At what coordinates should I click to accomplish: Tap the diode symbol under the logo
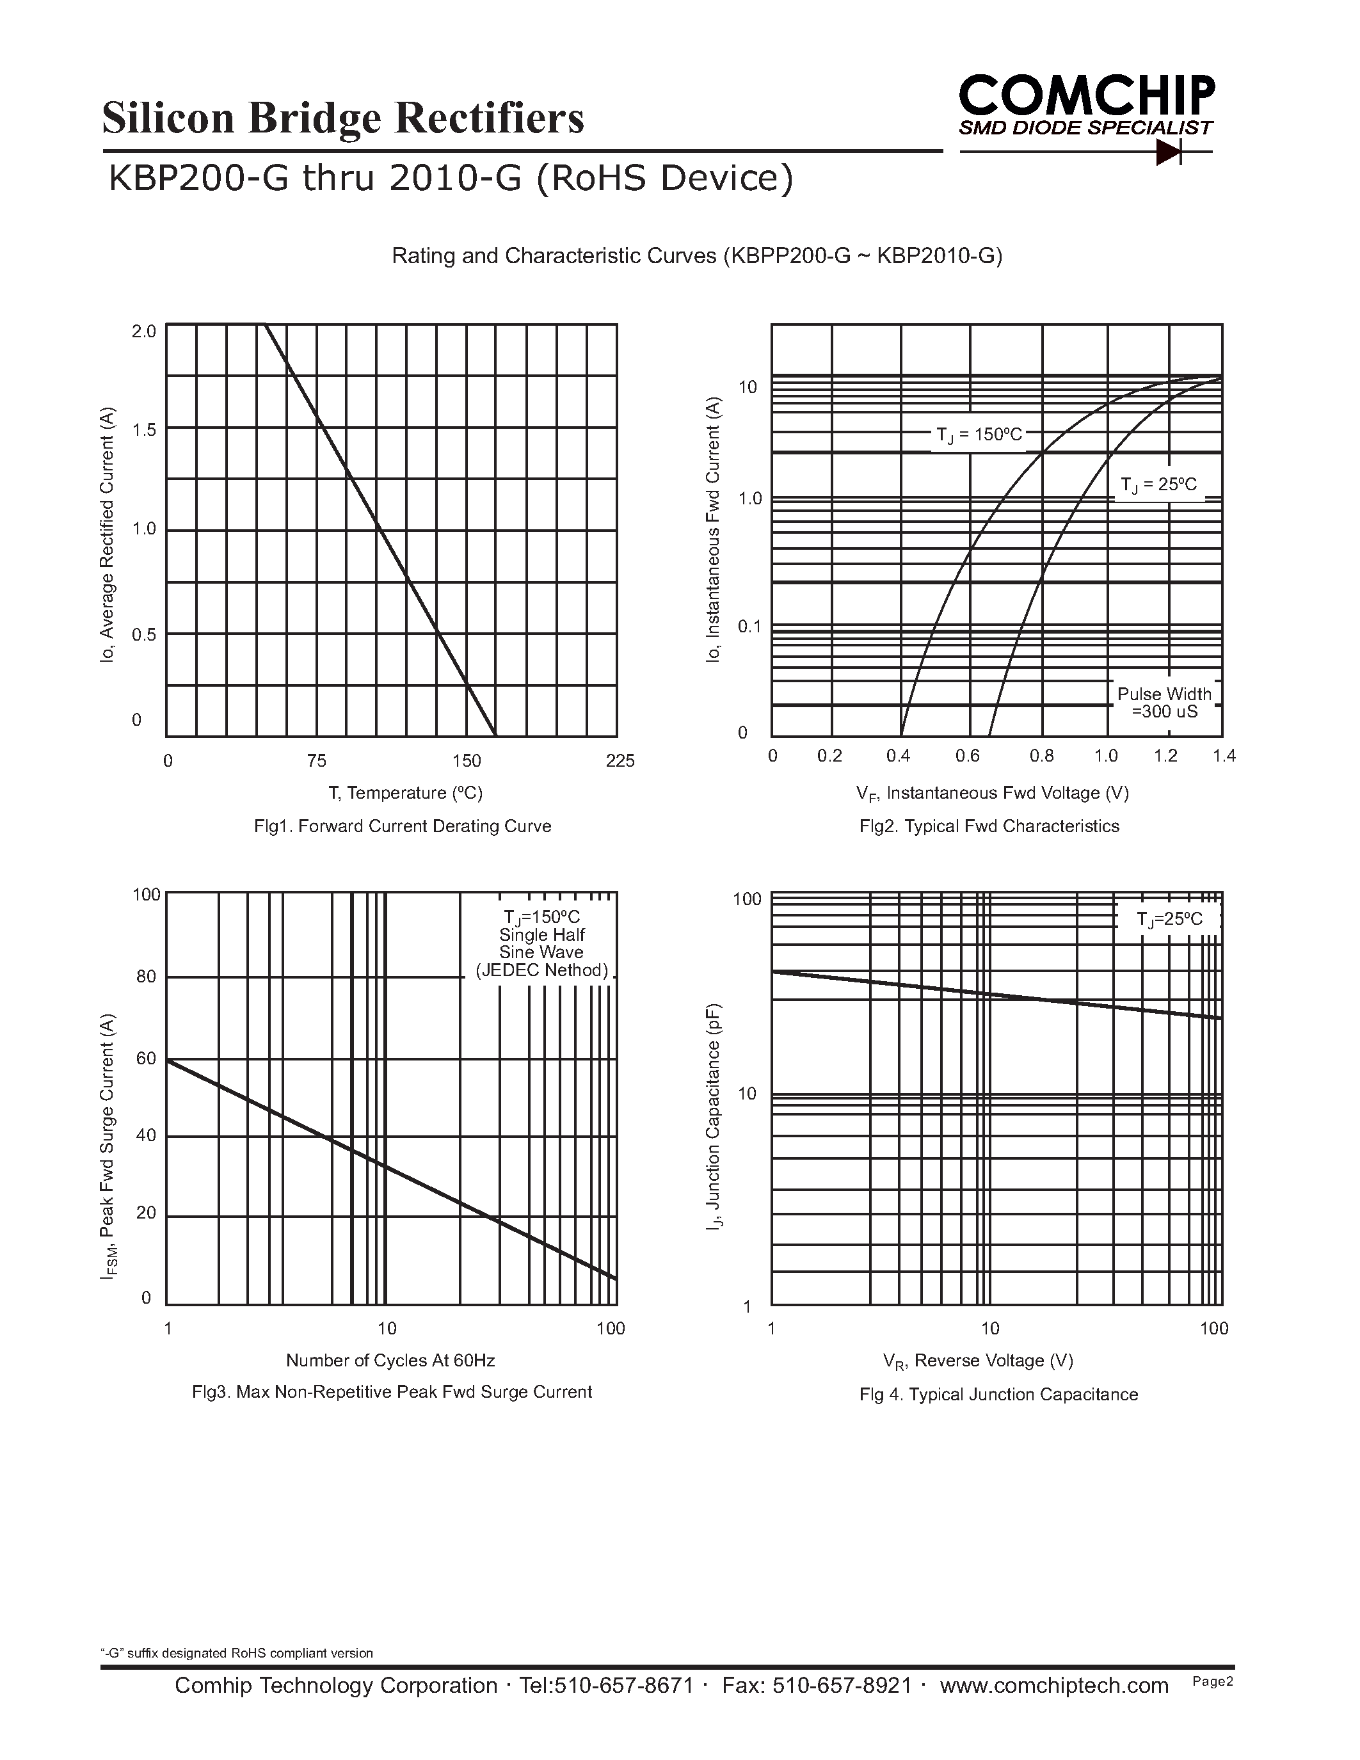[x=1167, y=152]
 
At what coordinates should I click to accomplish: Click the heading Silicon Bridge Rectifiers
[x=343, y=118]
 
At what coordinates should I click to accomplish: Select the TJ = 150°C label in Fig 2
[x=979, y=435]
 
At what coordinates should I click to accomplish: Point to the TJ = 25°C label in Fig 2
[x=1158, y=484]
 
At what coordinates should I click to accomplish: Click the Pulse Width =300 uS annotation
[x=1164, y=703]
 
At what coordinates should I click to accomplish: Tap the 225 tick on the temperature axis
[x=620, y=761]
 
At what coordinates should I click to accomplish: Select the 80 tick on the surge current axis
[x=146, y=977]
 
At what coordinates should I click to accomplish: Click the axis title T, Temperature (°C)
[x=405, y=793]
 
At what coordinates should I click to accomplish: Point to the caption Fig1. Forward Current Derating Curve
[x=402, y=826]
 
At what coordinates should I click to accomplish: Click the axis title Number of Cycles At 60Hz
[x=390, y=1360]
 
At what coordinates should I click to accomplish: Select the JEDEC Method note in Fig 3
[x=541, y=970]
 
